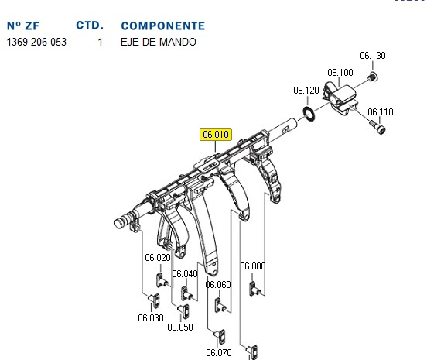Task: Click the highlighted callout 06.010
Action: [x=216, y=135]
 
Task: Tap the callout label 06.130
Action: [x=373, y=56]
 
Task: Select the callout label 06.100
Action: [x=340, y=73]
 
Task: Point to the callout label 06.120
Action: [x=306, y=91]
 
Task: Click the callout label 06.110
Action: [x=381, y=112]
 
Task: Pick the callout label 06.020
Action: [x=158, y=258]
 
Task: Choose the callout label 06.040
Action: [x=185, y=273]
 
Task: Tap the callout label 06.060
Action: [x=218, y=285]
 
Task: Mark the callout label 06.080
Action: [x=253, y=266]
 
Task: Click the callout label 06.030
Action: [x=151, y=317]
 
